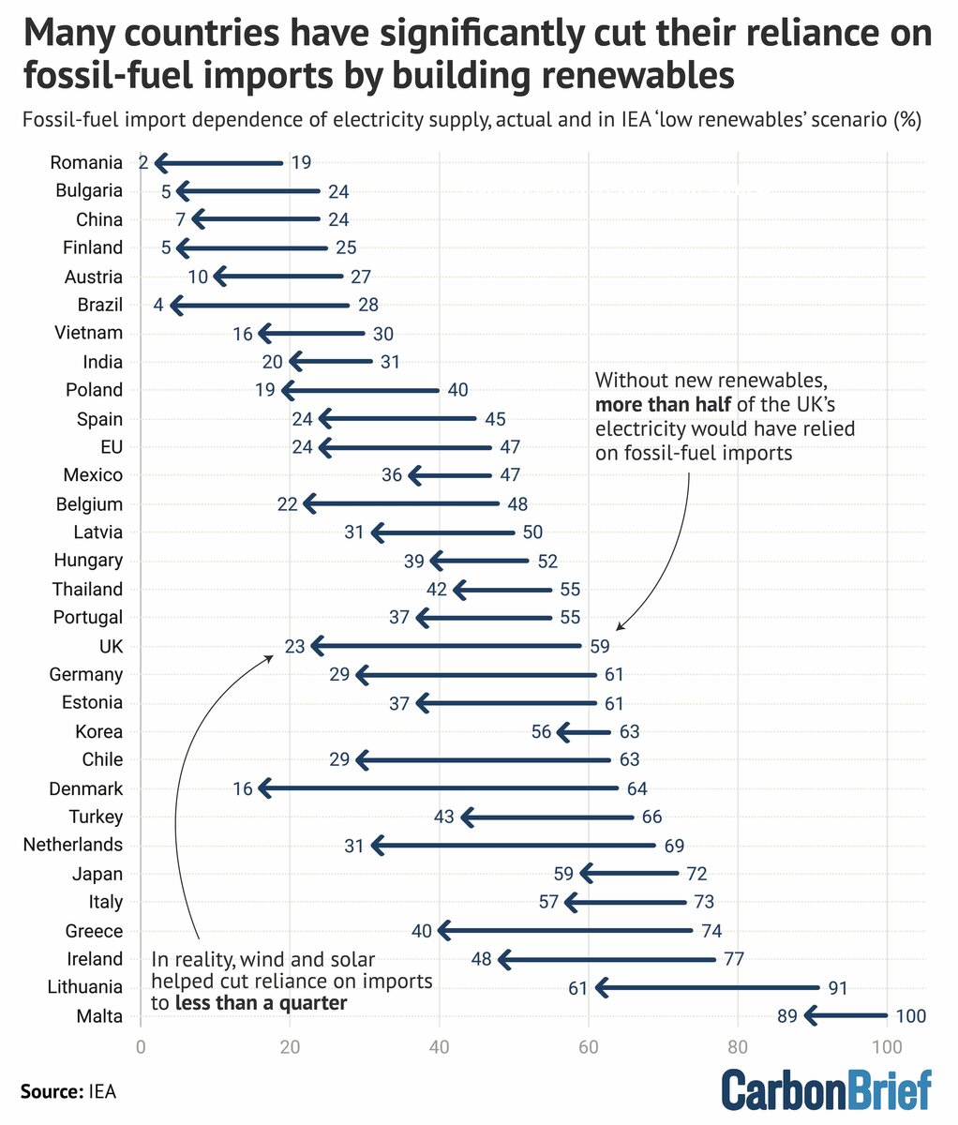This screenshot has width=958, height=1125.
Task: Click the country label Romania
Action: pyautogui.click(x=86, y=162)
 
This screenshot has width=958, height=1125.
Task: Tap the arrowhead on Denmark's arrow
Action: pyautogui.click(x=264, y=788)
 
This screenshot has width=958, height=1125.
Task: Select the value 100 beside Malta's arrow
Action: pyautogui.click(x=910, y=1016)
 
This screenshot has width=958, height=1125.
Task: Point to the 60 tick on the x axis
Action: pyautogui.click(x=589, y=1046)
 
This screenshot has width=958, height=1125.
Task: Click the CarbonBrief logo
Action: pyautogui.click(x=826, y=1089)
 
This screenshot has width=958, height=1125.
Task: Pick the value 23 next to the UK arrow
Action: pyautogui.click(x=295, y=646)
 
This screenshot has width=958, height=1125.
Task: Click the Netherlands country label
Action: pyautogui.click(x=73, y=845)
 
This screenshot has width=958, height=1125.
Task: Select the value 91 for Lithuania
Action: pyautogui.click(x=836, y=987)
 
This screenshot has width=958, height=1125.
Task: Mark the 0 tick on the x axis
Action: pyautogui.click(x=141, y=1046)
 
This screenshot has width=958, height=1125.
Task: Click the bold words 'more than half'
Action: pyautogui.click(x=656, y=406)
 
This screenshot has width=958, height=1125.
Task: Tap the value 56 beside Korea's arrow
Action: pyautogui.click(x=541, y=731)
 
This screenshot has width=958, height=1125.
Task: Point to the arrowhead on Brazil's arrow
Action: pyautogui.click(x=175, y=305)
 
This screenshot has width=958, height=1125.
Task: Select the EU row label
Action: pyautogui.click(x=111, y=446)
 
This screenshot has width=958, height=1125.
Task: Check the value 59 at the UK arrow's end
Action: pyautogui.click(x=599, y=646)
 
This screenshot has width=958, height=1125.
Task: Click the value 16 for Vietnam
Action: pyautogui.click(x=243, y=333)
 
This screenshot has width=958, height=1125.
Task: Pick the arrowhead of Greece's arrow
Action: pyautogui.click(x=444, y=931)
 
